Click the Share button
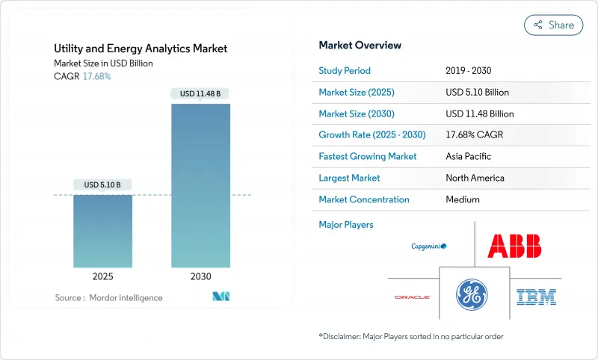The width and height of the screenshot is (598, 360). [553, 25]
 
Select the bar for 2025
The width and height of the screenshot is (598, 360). [103, 231]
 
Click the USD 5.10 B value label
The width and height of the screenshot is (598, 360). [103, 184]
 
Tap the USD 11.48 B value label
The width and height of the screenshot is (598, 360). [200, 93]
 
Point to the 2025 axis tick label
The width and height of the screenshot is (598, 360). [103, 276]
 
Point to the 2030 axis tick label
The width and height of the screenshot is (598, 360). [200, 276]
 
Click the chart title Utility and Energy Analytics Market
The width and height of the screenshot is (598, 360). [141, 49]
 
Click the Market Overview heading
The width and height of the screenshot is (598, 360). [360, 46]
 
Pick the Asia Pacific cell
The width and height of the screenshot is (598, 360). [469, 157]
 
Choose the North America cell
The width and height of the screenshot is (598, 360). [474, 178]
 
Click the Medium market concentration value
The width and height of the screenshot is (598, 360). [462, 199]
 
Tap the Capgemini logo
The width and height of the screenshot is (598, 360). [428, 246]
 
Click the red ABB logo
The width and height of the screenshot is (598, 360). [514, 246]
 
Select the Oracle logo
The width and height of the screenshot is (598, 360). [412, 297]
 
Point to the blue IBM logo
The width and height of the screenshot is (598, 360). [536, 297]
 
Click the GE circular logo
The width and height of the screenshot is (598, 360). [474, 293]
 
